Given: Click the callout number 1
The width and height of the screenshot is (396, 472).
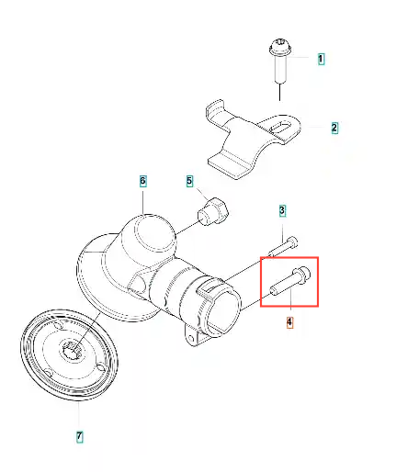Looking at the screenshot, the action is (x=321, y=59).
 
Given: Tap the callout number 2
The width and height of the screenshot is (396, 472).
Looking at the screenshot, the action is (x=334, y=128).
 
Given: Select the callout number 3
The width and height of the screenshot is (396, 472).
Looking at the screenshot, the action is (x=282, y=210).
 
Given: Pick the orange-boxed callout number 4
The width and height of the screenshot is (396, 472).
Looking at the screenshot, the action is (x=289, y=322).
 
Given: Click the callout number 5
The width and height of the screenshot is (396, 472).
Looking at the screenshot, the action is (x=189, y=181).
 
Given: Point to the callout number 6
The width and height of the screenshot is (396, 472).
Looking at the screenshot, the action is (x=142, y=181).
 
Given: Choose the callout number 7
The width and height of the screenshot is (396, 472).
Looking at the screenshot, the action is (x=79, y=435).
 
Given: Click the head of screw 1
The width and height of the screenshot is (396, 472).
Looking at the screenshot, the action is (x=280, y=48).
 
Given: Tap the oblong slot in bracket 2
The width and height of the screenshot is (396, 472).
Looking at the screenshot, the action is (x=281, y=127).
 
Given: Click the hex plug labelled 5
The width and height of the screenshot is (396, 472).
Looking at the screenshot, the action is (x=213, y=211).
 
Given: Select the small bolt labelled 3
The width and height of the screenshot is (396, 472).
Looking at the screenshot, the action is (x=283, y=246).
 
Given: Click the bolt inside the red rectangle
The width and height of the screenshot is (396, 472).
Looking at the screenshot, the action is (x=290, y=281).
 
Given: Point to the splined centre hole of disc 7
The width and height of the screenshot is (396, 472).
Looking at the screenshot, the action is (x=72, y=350).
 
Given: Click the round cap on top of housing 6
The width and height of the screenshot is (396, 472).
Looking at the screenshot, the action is (x=149, y=231).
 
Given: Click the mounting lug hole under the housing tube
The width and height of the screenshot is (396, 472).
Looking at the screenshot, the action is (x=192, y=339).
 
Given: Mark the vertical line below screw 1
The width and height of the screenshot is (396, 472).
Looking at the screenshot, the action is (x=280, y=92).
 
